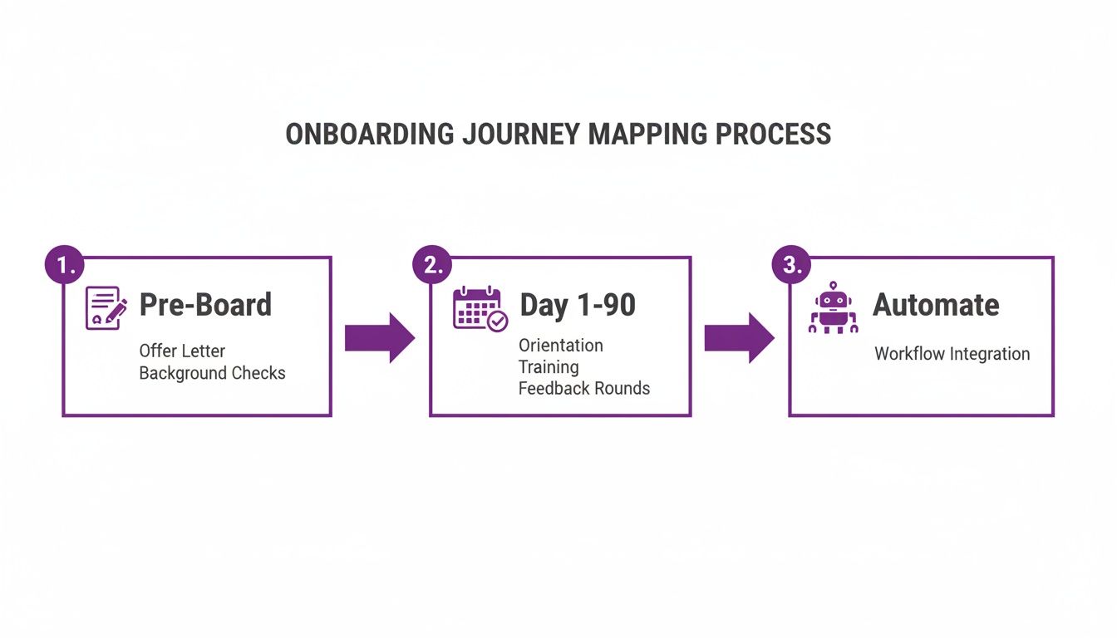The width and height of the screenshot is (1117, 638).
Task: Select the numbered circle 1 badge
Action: coord(65,264)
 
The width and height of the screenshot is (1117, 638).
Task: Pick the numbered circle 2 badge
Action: coord(433,264)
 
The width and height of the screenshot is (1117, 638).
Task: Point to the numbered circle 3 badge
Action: coord(793,264)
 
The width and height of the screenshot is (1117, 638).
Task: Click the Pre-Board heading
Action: coord(205,305)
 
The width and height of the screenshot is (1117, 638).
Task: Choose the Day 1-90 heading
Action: coord(578,305)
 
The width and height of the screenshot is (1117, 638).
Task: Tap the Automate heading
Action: coord(936,305)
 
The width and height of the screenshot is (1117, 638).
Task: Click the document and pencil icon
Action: coord(106,308)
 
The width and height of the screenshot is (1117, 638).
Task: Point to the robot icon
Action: coord(833,308)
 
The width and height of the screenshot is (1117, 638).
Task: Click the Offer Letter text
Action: coord(182,351)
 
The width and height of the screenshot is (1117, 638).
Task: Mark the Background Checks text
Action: coord(212,373)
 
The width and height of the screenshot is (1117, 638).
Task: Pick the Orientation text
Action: coord(561,345)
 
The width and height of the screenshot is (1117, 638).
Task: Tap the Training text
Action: coord(549,366)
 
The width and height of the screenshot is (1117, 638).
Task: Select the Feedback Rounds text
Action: coord(584,388)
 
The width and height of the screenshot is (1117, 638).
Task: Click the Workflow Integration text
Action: coord(952,354)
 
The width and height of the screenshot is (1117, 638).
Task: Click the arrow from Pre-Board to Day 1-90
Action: coord(379,337)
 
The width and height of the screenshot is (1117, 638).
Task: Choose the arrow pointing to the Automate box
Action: coord(739,337)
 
